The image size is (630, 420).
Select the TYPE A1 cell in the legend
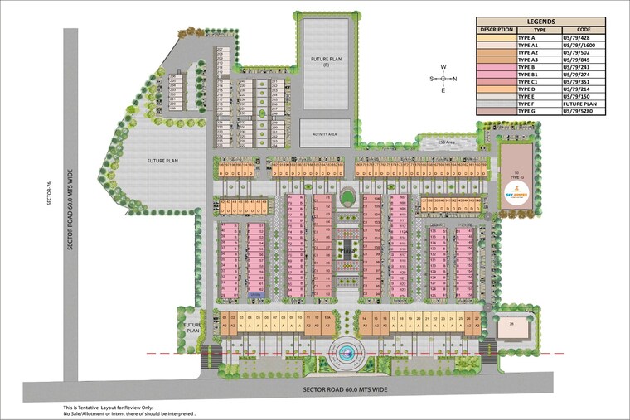533,44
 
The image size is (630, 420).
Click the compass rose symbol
444,79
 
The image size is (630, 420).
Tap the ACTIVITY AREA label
325,132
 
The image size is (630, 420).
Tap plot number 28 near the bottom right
513,323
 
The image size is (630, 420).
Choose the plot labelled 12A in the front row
328,317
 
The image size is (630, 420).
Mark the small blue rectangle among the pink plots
255,293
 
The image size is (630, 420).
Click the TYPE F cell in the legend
533,103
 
